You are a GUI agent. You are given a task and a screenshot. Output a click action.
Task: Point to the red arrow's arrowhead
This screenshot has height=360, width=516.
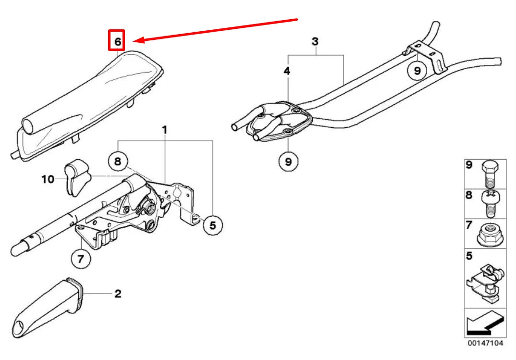tap(136, 41)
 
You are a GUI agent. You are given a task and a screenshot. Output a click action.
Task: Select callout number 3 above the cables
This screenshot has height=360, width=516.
tap(315, 41)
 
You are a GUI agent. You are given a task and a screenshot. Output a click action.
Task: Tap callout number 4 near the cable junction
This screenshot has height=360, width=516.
tap(287, 71)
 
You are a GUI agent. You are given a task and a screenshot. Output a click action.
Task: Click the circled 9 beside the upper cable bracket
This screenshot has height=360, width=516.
tap(417, 71)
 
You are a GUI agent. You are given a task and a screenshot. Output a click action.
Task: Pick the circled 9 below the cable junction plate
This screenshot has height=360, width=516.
tap(288, 161)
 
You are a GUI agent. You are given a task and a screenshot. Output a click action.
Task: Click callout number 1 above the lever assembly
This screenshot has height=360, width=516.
tap(164, 130)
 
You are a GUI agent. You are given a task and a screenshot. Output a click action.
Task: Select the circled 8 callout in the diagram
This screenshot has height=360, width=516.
tap(118, 161)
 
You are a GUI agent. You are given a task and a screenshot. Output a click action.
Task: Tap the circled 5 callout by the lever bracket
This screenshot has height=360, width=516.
tap(212, 224)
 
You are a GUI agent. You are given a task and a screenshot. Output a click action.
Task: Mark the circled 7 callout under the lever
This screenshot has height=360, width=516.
tap(80, 260)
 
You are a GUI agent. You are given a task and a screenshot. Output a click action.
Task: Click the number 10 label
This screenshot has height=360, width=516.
tap(48, 179)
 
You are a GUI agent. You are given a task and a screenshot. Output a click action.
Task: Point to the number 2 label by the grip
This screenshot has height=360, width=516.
tap(118, 293)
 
